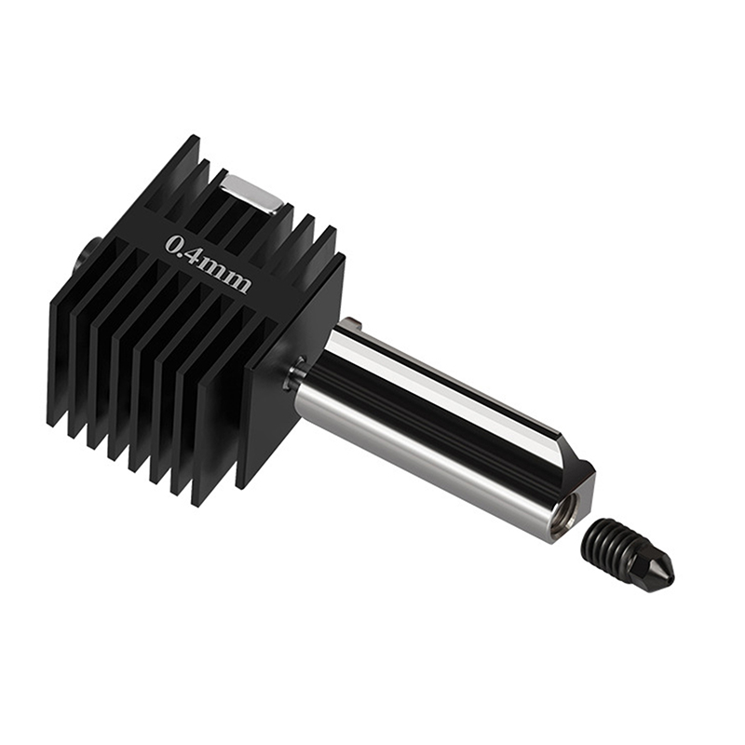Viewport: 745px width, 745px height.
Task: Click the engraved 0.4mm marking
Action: coord(207,264)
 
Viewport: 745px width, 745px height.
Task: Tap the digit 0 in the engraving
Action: coord(173,244)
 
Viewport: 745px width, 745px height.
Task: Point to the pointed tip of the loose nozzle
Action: coord(670,576)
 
